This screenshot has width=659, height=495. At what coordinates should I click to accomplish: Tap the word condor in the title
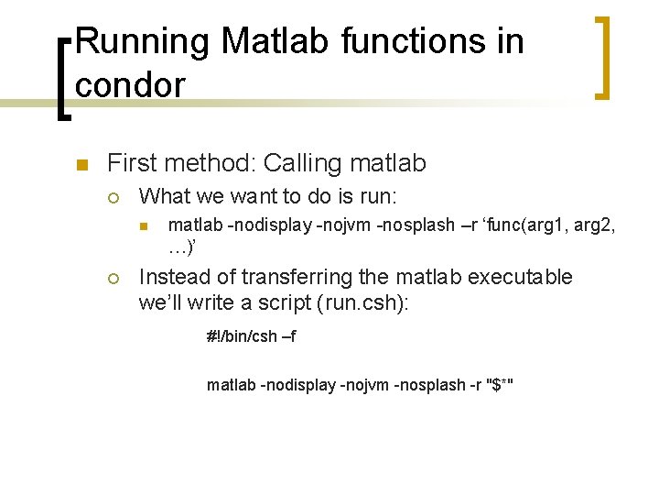click(130, 84)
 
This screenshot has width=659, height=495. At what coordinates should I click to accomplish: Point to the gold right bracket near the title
click(601, 57)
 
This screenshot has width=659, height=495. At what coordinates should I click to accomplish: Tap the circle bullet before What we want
click(113, 197)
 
